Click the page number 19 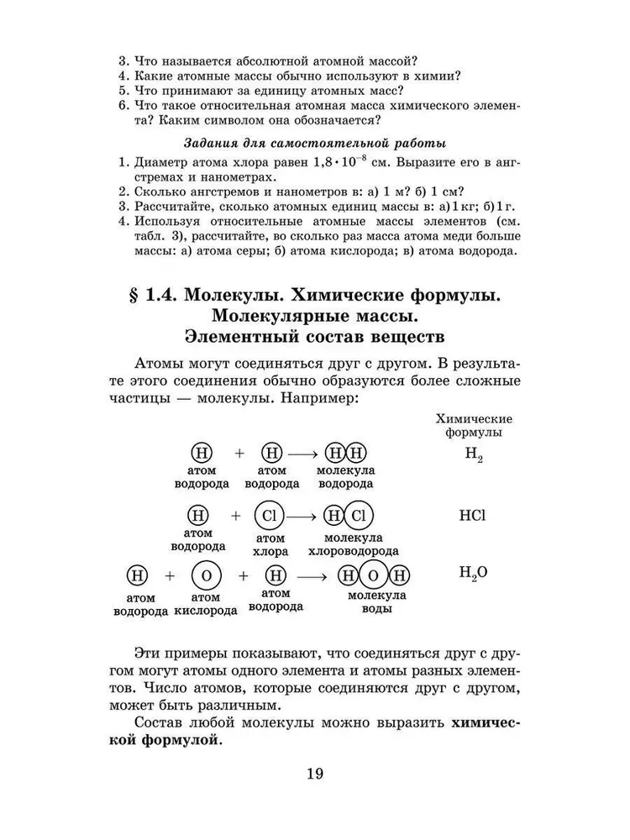[x=315, y=774]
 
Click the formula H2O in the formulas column [x=474, y=574]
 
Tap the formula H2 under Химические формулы [x=474, y=456]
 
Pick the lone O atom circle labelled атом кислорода [x=206, y=576]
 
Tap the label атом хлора [x=270, y=544]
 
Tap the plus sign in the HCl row [x=236, y=515]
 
